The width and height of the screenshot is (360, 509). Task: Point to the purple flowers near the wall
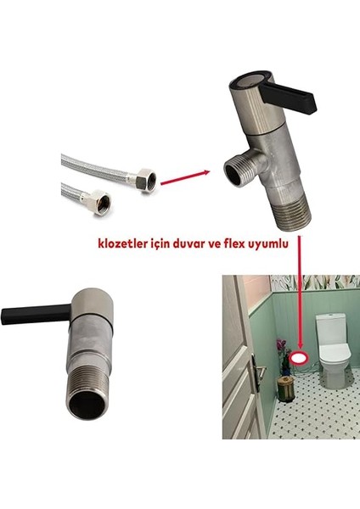pyautogui.click(x=282, y=346)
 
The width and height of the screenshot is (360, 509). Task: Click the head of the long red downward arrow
pyautogui.click(x=298, y=343)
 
